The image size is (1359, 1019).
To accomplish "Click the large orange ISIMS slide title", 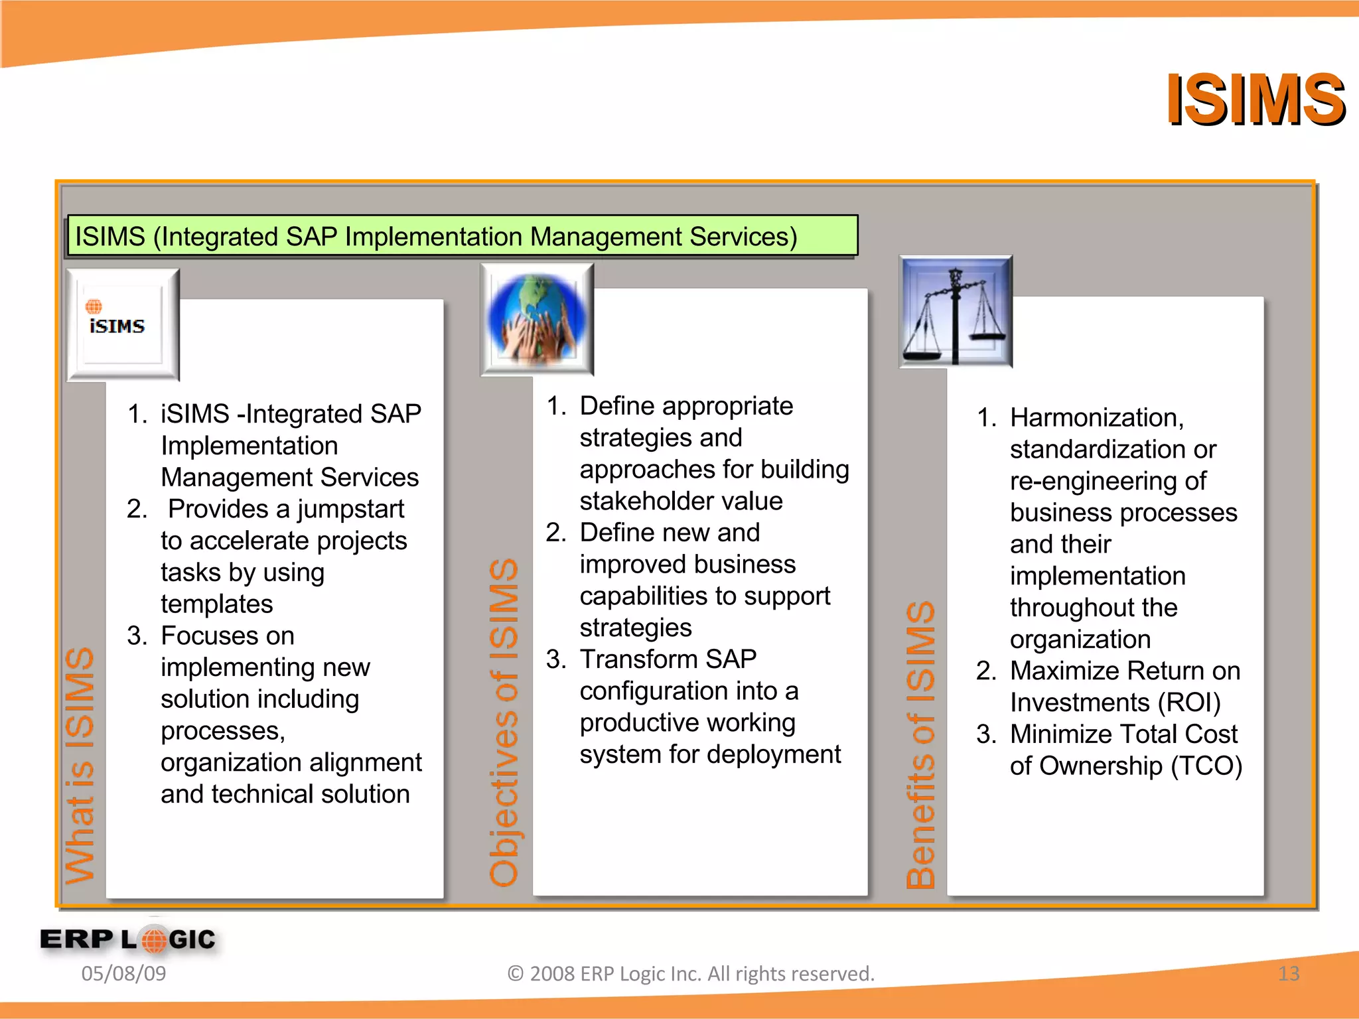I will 1255,100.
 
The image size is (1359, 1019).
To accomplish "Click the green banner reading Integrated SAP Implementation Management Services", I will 462,236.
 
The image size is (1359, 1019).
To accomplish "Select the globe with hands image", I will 537,319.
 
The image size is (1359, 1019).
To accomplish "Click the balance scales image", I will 956,312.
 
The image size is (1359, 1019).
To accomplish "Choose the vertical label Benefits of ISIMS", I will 921,744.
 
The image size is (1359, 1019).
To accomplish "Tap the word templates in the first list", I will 216,604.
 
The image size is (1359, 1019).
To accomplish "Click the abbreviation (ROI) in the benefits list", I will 1188,703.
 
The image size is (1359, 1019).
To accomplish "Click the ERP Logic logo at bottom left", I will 128,939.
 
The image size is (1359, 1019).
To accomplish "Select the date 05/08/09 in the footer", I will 123,973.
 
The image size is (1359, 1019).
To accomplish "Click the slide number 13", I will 1288,973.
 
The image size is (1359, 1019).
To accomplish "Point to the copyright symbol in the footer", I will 516,974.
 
